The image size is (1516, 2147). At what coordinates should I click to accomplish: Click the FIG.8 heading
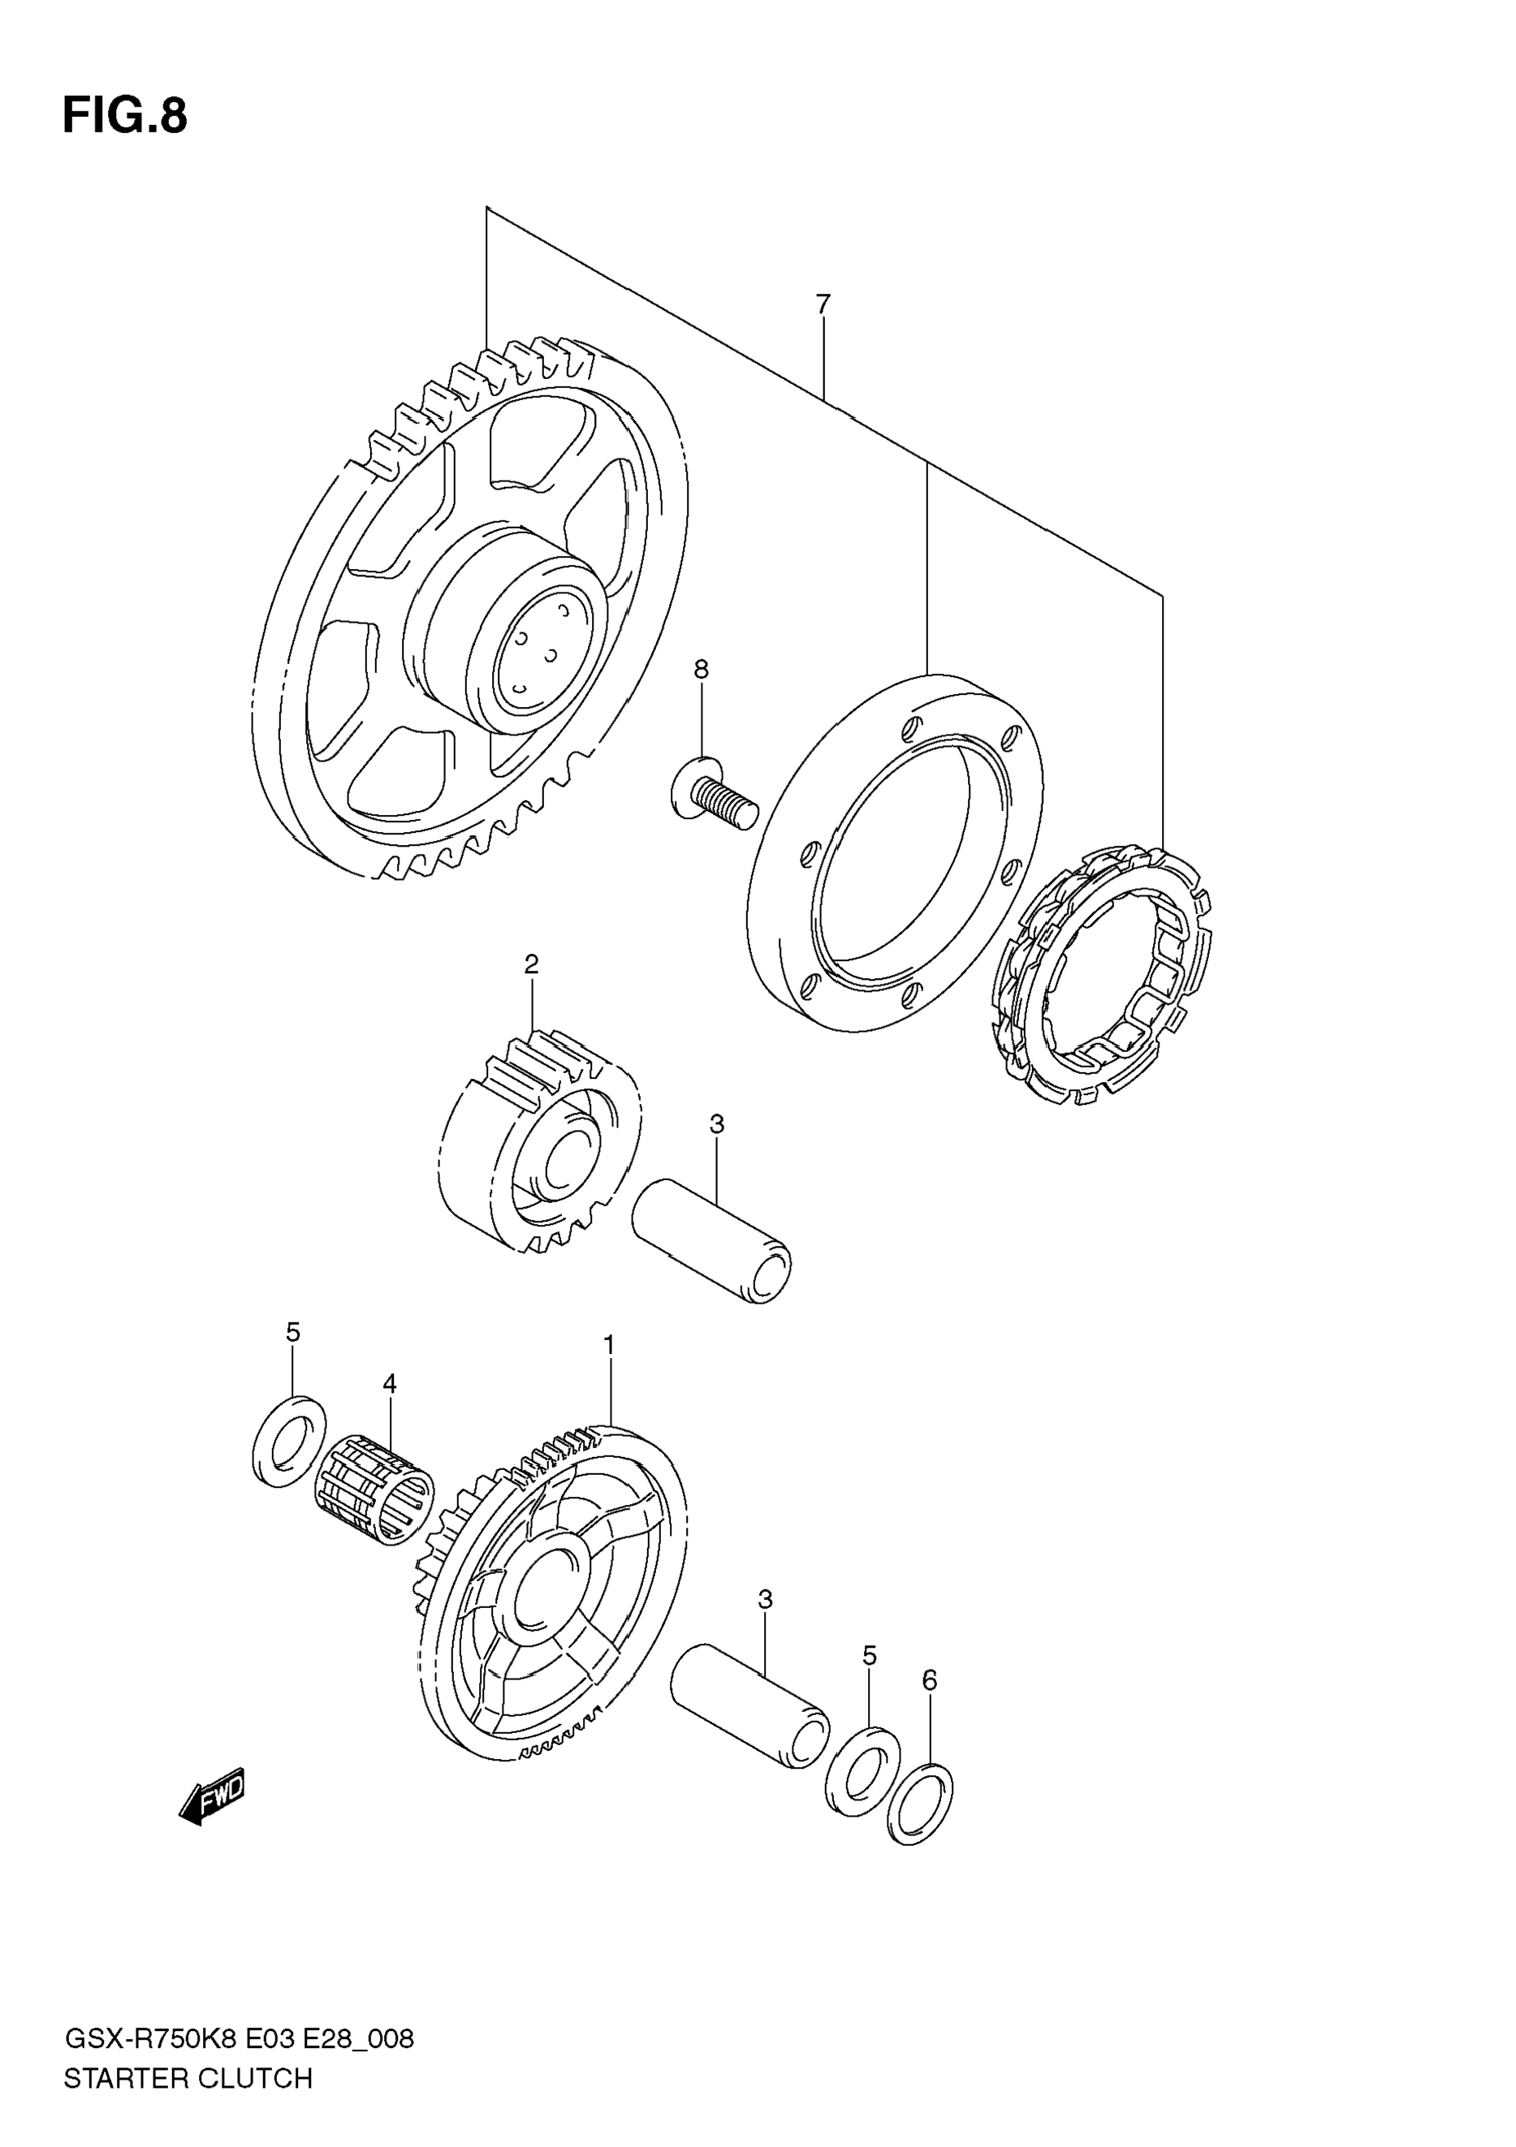tap(124, 117)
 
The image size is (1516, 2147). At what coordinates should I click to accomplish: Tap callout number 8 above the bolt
tap(701, 670)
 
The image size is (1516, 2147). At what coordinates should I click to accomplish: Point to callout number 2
tap(531, 964)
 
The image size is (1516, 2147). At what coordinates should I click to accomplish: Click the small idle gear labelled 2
tap(538, 1143)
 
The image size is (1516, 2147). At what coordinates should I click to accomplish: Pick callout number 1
tap(609, 1346)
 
